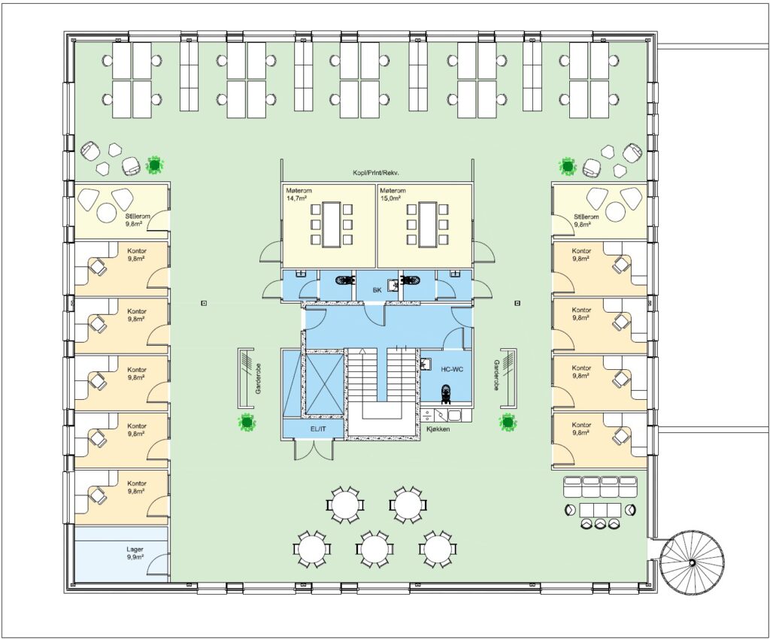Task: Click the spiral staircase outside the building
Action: click(x=692, y=562)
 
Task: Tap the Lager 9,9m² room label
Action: click(x=135, y=553)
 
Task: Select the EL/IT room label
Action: click(x=318, y=429)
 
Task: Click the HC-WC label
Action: click(x=452, y=370)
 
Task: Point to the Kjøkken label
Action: click(x=438, y=429)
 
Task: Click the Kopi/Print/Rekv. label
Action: click(x=375, y=173)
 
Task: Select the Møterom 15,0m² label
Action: click(x=393, y=195)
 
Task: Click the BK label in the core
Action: click(x=377, y=290)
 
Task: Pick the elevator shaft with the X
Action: click(x=321, y=383)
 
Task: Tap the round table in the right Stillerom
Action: click(x=616, y=212)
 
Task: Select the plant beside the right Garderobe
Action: click(x=508, y=422)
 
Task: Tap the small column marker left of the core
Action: click(x=204, y=303)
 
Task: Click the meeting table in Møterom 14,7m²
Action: click(x=331, y=224)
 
